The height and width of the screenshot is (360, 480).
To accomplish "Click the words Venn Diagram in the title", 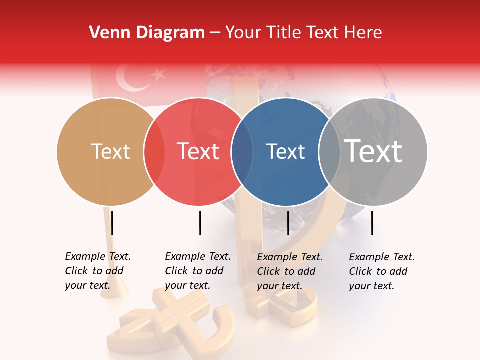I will pos(147,33).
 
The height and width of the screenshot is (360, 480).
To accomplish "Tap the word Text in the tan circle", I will pos(110,151).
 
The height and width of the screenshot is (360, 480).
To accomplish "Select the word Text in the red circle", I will pos(198,151).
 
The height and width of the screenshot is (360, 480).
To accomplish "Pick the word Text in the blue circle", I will pos(285,151).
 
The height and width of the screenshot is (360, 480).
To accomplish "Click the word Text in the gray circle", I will pos(373,151).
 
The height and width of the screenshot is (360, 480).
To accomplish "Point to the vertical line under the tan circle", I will pos(112,223).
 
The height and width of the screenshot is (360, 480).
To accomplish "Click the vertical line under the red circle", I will pos(200,223).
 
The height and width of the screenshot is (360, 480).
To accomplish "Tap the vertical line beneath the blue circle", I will pos(288,223).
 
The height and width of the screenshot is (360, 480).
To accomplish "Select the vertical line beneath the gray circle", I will pos(372,223).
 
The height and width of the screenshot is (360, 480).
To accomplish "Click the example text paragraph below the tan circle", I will pos(98,271).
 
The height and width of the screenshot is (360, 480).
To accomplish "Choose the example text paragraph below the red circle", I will pos(198,271).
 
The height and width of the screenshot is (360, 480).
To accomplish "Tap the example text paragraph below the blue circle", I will pos(290,271).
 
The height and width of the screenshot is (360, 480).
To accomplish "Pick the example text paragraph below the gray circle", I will pos(382,271).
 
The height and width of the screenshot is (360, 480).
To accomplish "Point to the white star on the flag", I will pos(158,74).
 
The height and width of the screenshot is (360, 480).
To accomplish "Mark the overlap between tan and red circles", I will pos(154,151).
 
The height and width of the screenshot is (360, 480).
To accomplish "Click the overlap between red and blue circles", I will pos(242,151).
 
